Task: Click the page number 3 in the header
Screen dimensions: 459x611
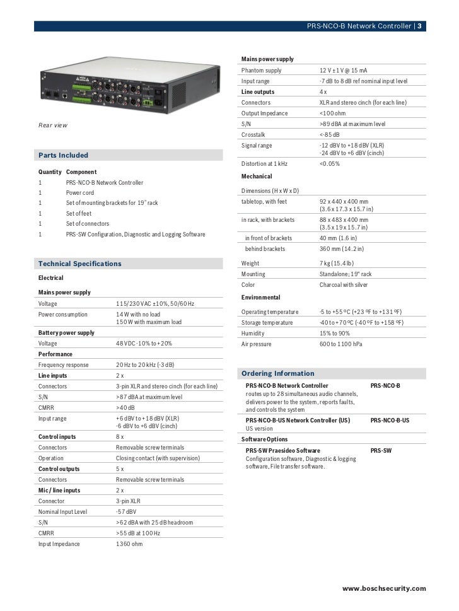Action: point(420,26)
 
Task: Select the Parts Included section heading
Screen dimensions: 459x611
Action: point(63,155)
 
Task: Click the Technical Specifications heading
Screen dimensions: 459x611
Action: point(79,263)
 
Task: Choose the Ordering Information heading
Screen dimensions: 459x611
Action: point(278,373)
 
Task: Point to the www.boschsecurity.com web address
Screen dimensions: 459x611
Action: point(384,588)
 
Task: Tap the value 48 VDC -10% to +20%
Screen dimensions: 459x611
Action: point(144,343)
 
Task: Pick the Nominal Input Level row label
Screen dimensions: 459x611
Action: point(62,511)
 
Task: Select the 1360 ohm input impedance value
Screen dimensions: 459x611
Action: point(130,544)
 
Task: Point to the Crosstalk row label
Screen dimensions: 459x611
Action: point(253,134)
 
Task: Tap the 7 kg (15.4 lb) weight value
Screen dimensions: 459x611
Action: point(337,263)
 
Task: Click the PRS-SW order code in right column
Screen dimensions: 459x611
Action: point(381,451)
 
